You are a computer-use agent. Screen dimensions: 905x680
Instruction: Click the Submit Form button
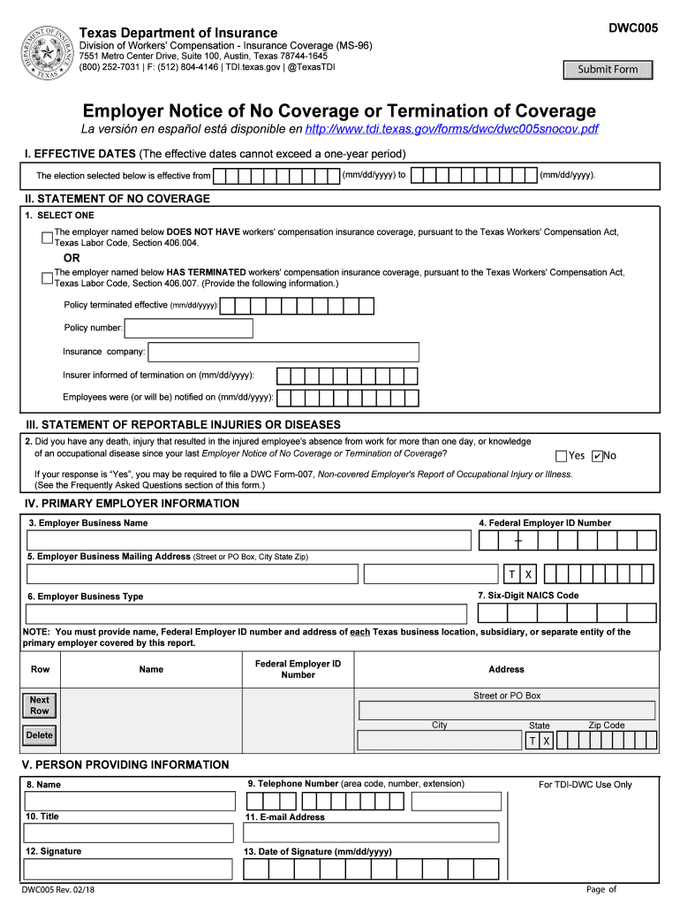point(608,70)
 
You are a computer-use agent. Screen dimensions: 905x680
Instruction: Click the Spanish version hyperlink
point(451,129)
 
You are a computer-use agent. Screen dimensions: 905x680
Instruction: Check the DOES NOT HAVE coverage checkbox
point(47,238)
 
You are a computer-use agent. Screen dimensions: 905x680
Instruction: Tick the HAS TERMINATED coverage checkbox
point(47,278)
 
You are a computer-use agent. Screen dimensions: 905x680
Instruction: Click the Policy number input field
point(188,329)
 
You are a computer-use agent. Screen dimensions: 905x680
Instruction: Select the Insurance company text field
point(283,352)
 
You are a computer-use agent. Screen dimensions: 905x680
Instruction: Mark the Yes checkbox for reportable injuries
point(561,456)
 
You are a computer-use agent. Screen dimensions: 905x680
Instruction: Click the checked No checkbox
point(597,456)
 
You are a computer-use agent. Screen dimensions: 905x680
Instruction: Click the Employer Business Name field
point(248,540)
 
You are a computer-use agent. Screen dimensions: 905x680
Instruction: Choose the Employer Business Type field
point(246,613)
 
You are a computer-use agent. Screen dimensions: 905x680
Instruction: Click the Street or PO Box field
point(507,711)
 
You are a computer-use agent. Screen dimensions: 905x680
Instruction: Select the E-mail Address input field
point(372,834)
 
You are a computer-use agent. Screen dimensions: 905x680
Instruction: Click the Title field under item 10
point(130,834)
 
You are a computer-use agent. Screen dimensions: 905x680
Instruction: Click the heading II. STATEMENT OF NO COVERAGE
point(117,199)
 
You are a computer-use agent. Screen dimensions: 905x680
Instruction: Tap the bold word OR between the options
point(72,258)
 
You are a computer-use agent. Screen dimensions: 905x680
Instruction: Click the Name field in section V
point(130,801)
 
